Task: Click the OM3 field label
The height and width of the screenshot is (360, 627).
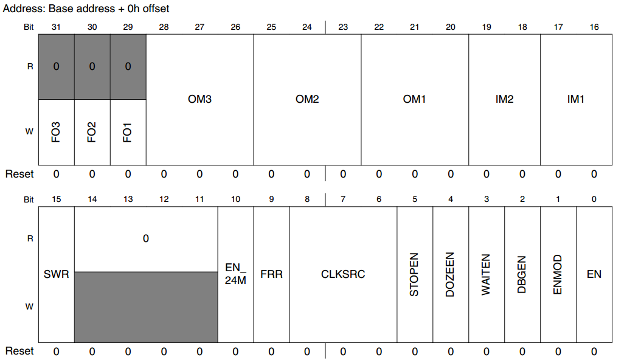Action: (199, 99)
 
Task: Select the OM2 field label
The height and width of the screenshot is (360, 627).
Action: (307, 99)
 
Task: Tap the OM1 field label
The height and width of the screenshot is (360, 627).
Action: (414, 99)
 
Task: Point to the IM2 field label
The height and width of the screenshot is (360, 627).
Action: (504, 99)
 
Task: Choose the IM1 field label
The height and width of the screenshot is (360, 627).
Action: (576, 99)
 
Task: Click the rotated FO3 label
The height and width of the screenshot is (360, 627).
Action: (56, 133)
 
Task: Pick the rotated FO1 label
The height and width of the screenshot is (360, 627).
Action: (128, 133)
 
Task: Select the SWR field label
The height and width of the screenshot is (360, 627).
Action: (57, 274)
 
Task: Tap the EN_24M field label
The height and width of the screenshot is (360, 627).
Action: (235, 274)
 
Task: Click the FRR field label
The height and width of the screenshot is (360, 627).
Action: (271, 274)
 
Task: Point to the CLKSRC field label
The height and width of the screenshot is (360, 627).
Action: (343, 274)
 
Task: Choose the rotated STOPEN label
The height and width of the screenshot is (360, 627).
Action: (414, 274)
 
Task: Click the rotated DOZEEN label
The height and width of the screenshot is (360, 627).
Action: (450, 274)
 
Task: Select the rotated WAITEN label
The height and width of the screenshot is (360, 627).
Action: (486, 274)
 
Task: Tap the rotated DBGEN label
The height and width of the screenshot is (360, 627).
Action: (522, 274)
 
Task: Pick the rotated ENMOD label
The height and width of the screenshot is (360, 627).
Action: (558, 274)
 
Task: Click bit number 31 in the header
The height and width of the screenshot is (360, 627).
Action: (56, 27)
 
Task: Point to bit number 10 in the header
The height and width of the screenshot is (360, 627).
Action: (235, 199)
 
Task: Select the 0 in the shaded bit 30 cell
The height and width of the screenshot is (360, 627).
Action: (92, 66)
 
